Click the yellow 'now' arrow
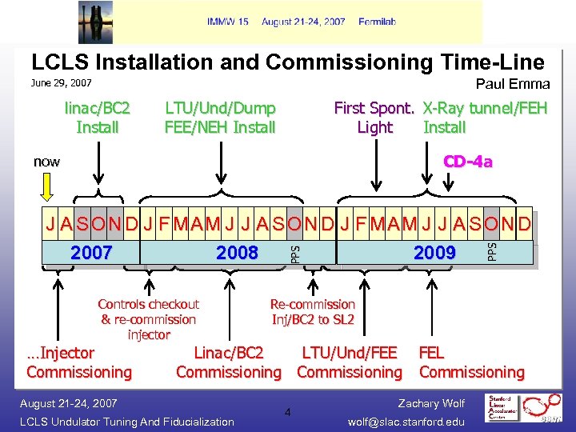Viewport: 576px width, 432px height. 47,186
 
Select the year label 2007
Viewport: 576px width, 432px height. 91,254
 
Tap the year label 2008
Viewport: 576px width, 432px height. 237,254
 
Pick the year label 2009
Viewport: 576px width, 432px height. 434,254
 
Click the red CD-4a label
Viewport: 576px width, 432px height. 468,162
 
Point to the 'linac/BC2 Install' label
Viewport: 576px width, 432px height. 98,118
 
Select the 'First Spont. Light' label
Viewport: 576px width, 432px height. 374,118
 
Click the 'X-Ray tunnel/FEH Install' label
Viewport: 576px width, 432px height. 485,118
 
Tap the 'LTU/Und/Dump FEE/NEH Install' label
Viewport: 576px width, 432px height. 220,118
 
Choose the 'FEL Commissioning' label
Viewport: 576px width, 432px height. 471,362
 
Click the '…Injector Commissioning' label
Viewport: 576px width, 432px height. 78,362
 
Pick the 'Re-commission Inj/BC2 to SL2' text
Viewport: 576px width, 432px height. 312,312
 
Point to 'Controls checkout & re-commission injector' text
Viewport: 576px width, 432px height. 148,319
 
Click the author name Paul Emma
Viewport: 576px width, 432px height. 513,84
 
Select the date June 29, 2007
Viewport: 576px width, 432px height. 61,83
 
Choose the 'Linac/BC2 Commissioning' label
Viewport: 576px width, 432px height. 229,362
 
